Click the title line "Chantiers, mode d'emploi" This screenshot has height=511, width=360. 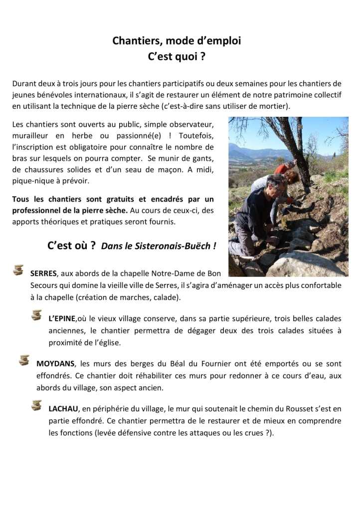click(177, 41)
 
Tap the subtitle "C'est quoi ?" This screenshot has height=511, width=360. click(177, 57)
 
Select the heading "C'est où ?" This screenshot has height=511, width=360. click(71, 246)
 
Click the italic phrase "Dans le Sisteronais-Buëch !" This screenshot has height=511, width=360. click(159, 246)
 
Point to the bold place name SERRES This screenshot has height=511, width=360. click(43, 273)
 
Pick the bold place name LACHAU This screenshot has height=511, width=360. click(62, 408)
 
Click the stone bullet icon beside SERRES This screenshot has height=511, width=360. click(18, 270)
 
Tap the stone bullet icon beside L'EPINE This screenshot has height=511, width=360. click(36, 315)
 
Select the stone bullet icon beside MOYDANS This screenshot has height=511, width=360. click(24, 360)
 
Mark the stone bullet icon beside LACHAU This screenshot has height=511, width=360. click(36, 405)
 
